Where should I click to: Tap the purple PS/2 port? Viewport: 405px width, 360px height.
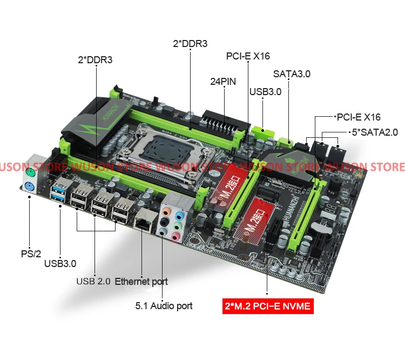(30, 187)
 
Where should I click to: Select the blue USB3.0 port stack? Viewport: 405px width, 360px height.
(58, 192)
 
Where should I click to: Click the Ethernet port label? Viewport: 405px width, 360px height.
(141, 281)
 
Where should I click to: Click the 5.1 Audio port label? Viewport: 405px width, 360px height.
(164, 305)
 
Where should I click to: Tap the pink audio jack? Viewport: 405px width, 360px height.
(175, 236)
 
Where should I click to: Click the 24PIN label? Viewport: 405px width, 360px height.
(224, 83)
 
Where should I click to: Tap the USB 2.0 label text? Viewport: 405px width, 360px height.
(93, 281)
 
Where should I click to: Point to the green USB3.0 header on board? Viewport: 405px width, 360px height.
(262, 130)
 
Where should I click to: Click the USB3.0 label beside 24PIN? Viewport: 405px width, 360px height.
(265, 91)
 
